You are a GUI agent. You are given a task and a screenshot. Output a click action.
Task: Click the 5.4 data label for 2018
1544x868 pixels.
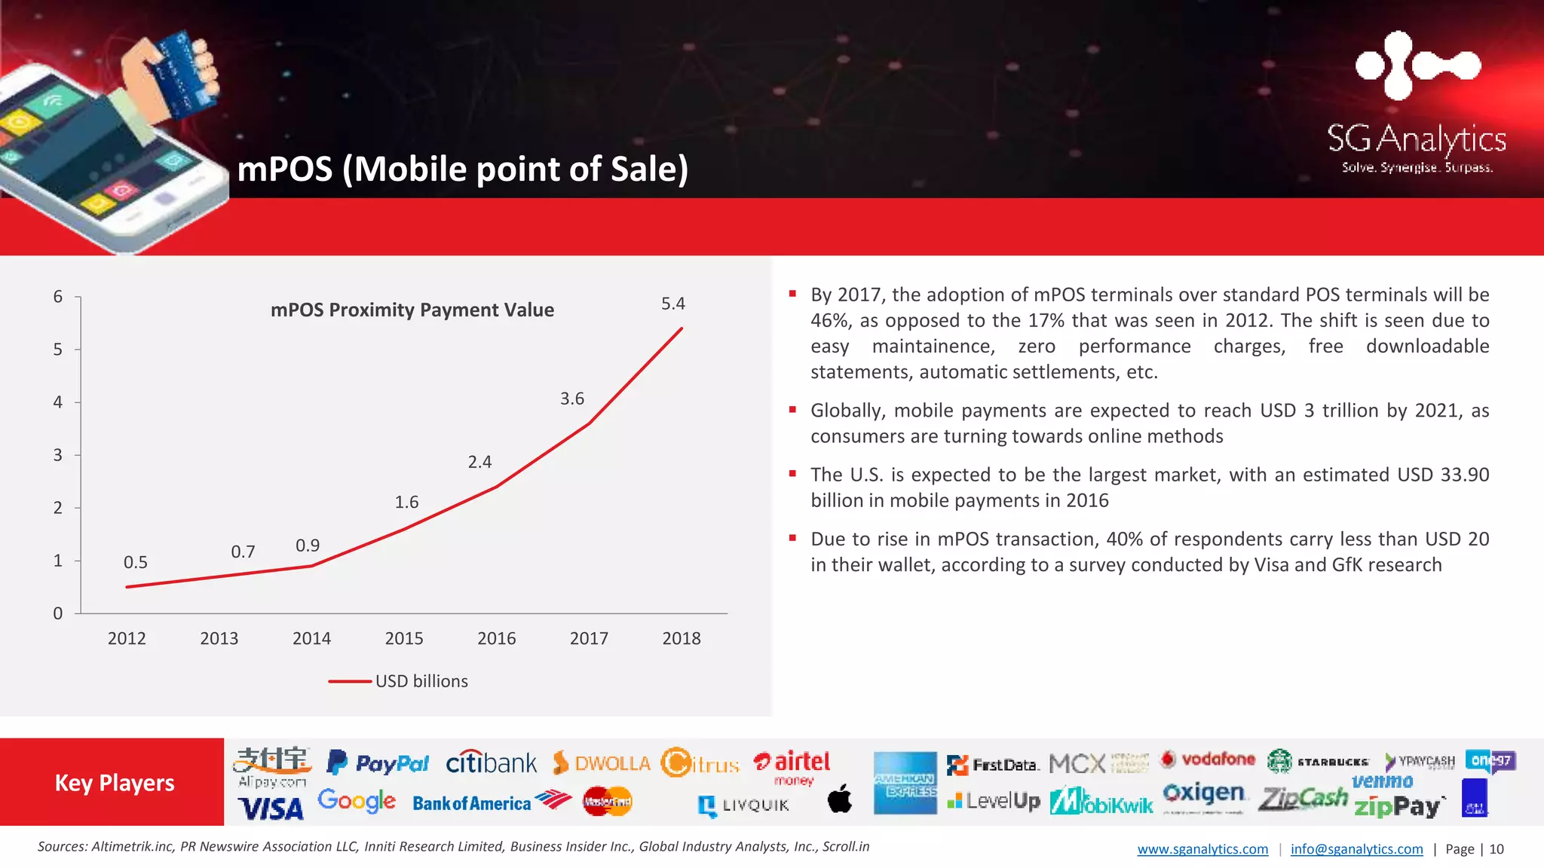(x=672, y=304)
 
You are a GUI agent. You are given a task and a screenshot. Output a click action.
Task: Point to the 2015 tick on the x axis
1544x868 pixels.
(x=404, y=638)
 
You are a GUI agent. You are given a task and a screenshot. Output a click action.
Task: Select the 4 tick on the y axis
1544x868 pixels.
(x=58, y=402)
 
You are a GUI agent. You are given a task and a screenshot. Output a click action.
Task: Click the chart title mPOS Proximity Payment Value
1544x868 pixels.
(x=412, y=310)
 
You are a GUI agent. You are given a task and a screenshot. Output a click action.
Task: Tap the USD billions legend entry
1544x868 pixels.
(x=421, y=681)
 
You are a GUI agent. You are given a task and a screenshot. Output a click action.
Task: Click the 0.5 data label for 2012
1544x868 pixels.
(x=136, y=562)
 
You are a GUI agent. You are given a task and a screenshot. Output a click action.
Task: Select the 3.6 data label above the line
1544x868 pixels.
(x=571, y=399)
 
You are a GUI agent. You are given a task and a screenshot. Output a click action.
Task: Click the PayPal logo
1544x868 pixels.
(x=378, y=763)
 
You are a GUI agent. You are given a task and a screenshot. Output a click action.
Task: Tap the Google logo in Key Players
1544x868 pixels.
(x=356, y=800)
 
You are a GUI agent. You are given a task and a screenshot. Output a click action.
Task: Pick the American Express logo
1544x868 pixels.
(x=905, y=783)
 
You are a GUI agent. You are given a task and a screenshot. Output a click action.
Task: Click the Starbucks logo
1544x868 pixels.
(x=1317, y=761)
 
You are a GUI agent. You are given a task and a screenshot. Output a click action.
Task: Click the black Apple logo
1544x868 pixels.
(x=840, y=799)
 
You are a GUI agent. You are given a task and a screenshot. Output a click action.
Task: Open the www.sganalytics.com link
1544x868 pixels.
(x=1202, y=849)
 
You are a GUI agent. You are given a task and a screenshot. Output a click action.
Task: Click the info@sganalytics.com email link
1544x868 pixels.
(x=1356, y=849)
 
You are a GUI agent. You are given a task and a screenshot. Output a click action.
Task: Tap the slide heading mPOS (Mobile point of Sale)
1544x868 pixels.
(x=462, y=169)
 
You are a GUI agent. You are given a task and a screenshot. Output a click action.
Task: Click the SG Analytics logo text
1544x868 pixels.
(x=1416, y=139)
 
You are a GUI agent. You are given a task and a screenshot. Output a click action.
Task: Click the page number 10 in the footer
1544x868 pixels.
(x=1497, y=849)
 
